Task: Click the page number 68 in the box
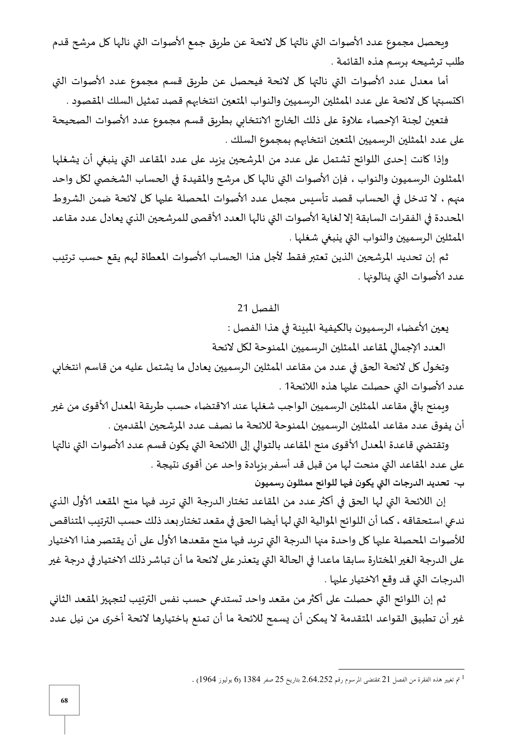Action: (x=64, y=700)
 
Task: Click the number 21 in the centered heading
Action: (x=242, y=308)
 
